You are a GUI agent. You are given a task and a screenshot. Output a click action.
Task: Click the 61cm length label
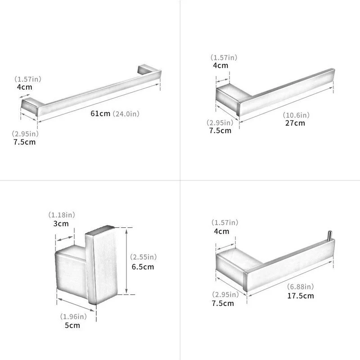(x=100, y=113)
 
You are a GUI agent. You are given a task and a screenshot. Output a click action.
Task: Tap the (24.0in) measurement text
(x=126, y=114)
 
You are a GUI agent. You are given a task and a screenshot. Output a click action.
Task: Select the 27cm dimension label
(x=295, y=123)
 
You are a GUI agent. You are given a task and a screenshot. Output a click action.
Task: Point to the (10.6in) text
(x=296, y=115)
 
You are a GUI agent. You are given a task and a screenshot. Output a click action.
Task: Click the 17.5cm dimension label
(x=301, y=296)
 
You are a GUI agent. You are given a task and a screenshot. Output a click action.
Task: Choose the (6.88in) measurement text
(x=300, y=287)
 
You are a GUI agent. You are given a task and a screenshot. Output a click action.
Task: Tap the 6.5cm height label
(x=143, y=266)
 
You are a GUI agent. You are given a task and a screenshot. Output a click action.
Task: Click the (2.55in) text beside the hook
(x=143, y=256)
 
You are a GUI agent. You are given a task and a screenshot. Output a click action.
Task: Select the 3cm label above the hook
(x=61, y=223)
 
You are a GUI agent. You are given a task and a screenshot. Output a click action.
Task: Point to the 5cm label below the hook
(x=72, y=325)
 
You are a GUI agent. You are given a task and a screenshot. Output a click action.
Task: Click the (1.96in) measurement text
(x=73, y=316)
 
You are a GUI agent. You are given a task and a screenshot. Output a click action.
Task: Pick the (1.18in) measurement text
(x=62, y=215)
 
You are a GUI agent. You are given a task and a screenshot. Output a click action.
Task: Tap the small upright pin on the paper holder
(x=330, y=235)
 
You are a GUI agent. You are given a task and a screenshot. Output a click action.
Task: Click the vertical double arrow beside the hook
(x=126, y=261)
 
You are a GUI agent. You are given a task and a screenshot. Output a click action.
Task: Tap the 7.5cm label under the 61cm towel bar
(x=24, y=142)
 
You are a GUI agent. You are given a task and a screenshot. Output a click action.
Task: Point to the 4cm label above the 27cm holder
(x=220, y=65)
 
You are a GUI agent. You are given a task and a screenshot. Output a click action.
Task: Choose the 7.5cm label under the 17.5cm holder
(x=223, y=303)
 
